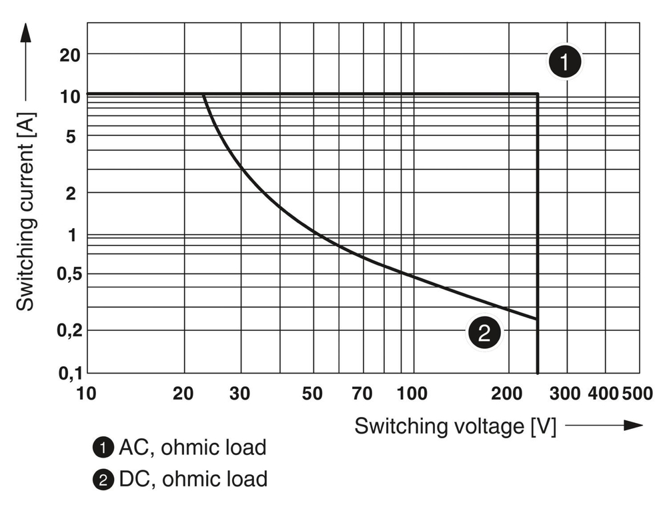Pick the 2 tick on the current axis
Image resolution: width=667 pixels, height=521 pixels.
pos(72,193)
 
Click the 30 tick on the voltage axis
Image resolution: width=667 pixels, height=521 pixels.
pos(239,394)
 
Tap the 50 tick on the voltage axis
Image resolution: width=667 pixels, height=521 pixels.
pos(312,394)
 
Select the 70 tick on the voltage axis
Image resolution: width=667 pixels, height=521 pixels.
pos(362,394)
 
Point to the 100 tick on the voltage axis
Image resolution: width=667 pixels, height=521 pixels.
pos(412,394)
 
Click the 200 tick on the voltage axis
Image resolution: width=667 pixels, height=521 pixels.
pos(508,394)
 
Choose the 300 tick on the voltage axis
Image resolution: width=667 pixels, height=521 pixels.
pos(567,394)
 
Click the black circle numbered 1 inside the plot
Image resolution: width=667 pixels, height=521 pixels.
pos(565,63)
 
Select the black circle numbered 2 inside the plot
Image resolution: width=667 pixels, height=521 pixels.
pos(484,332)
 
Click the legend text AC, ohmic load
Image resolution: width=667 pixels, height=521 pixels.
pos(192,447)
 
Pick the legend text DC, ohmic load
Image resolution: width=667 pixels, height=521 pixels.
pos(193,478)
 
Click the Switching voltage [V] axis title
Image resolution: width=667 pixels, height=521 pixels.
pos(455,426)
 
